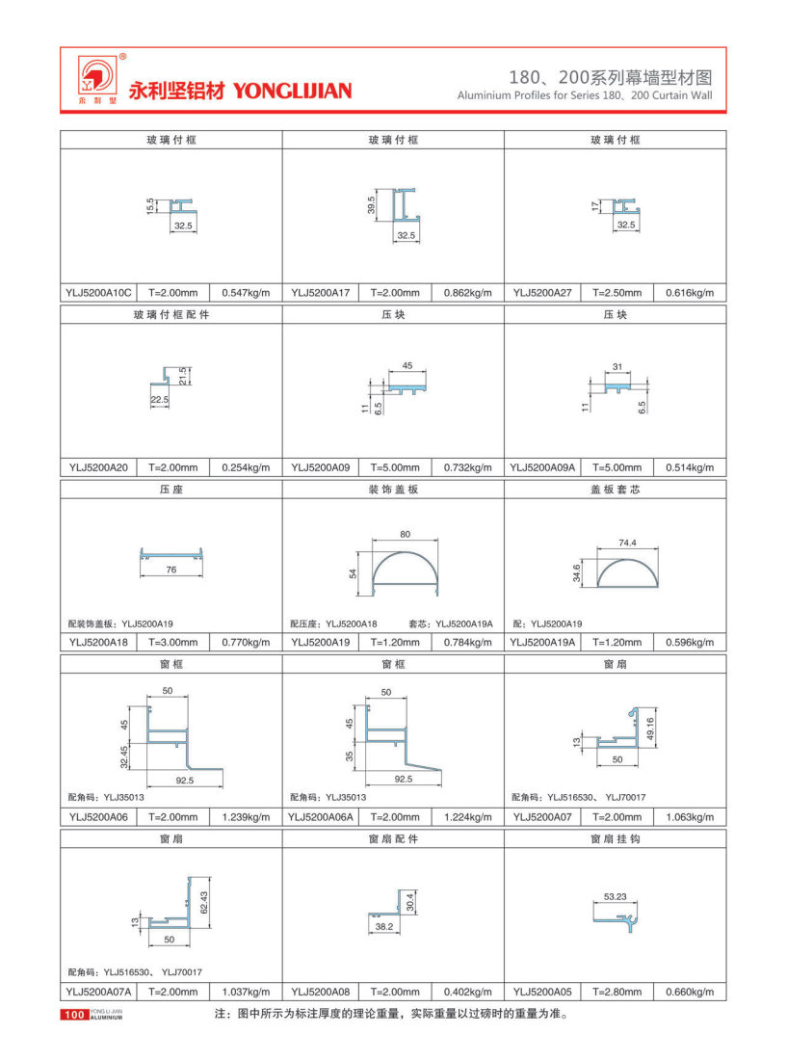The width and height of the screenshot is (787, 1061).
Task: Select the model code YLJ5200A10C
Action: click(100, 292)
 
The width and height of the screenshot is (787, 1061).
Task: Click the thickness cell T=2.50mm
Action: click(616, 292)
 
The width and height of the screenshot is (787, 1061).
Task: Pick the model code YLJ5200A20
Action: click(98, 467)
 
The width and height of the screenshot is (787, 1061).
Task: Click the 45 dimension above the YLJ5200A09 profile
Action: click(407, 366)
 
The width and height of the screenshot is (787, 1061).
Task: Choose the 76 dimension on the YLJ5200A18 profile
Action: click(171, 570)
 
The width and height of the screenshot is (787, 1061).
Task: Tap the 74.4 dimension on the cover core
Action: click(628, 544)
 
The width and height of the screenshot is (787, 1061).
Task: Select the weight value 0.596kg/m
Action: click(689, 642)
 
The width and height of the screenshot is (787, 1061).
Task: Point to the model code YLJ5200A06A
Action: click(322, 817)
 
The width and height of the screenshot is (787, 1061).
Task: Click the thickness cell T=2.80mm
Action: click(616, 992)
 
